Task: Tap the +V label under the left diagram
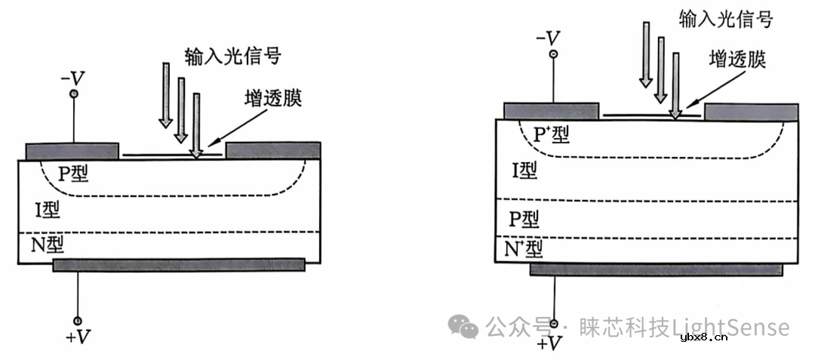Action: (x=78, y=337)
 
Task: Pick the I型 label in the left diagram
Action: (x=47, y=209)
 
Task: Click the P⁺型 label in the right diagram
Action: (x=551, y=135)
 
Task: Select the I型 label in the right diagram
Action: (x=524, y=171)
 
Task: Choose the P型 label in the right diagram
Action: (x=524, y=219)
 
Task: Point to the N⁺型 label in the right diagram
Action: (x=524, y=248)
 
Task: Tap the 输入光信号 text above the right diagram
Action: (x=724, y=18)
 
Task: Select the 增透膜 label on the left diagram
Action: (x=273, y=99)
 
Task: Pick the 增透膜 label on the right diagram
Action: (x=738, y=60)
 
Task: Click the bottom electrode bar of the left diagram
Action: (x=179, y=264)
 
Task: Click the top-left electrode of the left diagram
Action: (x=72, y=149)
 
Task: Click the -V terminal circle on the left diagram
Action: (x=74, y=94)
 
